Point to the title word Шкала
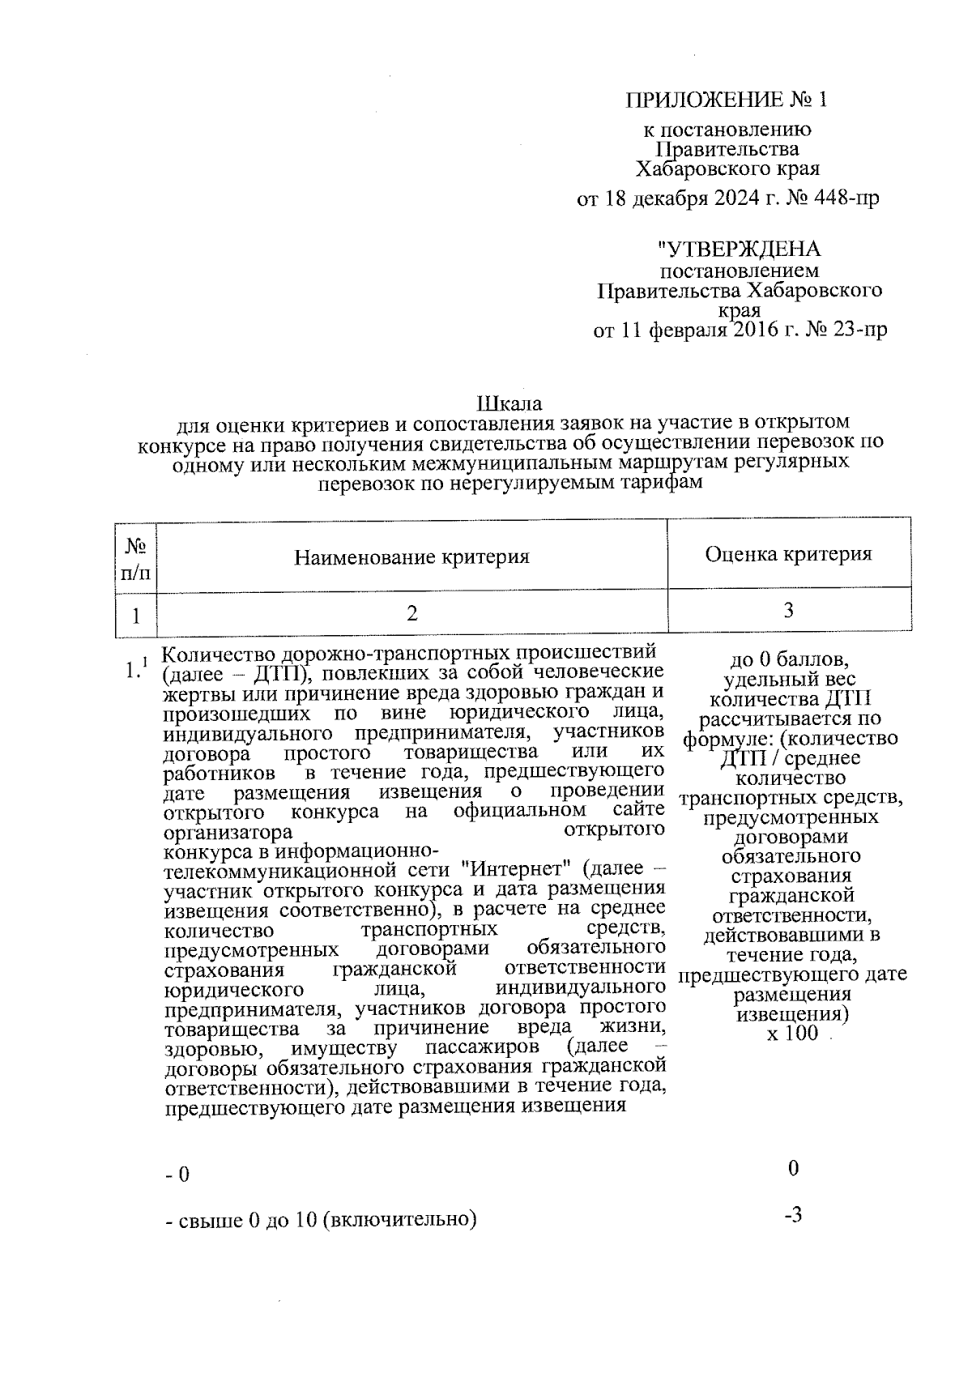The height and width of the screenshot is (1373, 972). [509, 403]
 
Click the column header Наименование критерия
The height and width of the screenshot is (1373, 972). [411, 557]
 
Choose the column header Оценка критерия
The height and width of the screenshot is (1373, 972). [788, 554]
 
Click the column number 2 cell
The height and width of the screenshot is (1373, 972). [412, 614]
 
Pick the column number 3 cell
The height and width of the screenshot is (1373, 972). [788, 611]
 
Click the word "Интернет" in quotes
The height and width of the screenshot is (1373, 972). [508, 870]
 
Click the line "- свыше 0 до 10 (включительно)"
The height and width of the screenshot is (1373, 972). [320, 1219]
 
